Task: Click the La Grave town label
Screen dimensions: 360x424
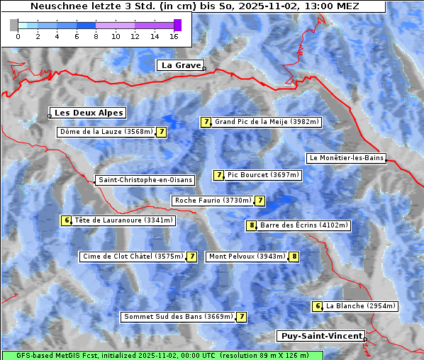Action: [x=180, y=65]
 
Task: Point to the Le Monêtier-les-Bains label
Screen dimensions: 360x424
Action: [x=346, y=158]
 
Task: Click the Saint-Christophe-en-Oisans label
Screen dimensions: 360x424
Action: [x=145, y=180]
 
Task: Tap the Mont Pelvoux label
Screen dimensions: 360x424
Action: [x=247, y=257]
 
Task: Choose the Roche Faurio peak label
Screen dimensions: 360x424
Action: [x=213, y=201]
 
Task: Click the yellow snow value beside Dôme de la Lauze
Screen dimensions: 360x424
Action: [x=162, y=132]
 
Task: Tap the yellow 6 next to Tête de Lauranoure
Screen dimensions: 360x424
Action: [x=67, y=220]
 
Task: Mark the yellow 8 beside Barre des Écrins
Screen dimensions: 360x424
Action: [x=251, y=225]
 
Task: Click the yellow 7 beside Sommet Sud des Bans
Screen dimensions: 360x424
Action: [x=242, y=317]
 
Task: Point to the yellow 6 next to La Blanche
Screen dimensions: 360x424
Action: [x=318, y=306]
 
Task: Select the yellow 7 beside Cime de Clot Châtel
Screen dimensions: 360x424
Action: [x=191, y=257]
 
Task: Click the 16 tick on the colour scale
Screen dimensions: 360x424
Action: [x=174, y=35]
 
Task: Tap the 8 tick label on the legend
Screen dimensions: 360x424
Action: [x=96, y=35]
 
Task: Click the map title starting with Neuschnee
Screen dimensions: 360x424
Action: [x=194, y=6]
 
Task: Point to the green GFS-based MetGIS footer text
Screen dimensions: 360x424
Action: [x=162, y=355]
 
